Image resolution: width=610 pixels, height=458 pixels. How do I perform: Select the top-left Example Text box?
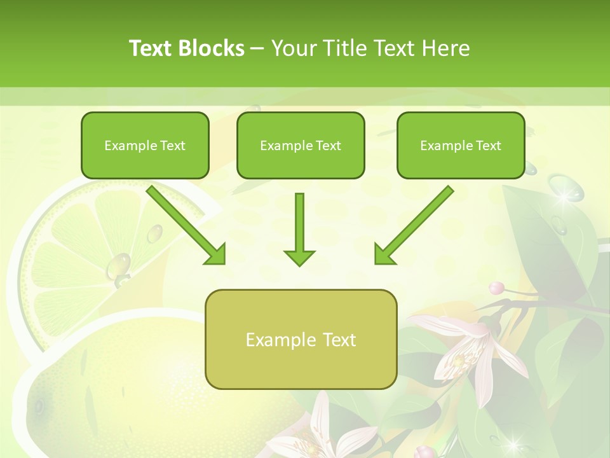145,145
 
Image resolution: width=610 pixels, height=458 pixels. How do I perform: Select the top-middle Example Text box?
301,145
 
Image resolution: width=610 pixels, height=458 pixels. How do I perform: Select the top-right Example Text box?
461,145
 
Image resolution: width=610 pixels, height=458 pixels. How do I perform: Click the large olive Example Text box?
301,339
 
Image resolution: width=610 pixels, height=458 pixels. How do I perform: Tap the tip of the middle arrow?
299,263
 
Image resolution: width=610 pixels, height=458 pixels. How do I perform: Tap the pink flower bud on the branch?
497,288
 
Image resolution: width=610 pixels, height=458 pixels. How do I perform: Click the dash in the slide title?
257,48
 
